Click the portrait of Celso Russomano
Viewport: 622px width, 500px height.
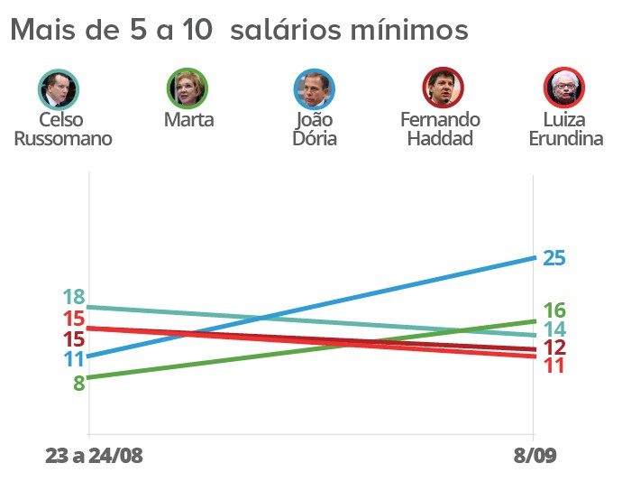click(x=59, y=88)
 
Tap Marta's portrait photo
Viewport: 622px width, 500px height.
click(x=188, y=88)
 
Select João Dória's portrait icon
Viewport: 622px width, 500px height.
click(x=315, y=88)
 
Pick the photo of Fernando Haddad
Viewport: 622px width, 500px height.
click(x=444, y=88)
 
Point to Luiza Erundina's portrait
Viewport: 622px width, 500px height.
click(x=565, y=88)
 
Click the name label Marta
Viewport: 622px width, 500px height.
click(x=188, y=119)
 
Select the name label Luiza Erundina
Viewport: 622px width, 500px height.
click(x=566, y=129)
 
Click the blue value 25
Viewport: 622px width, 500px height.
click(x=553, y=258)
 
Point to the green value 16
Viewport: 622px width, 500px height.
click(x=553, y=310)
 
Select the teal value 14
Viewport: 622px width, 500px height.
click(x=553, y=329)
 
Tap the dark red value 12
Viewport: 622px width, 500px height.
click(x=553, y=347)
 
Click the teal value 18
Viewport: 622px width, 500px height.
click(x=74, y=297)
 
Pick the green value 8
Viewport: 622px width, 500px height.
click(x=79, y=382)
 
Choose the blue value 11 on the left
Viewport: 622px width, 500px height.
click(x=74, y=358)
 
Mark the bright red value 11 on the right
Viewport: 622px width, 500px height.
click(x=553, y=366)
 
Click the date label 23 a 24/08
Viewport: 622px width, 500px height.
click(x=94, y=456)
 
